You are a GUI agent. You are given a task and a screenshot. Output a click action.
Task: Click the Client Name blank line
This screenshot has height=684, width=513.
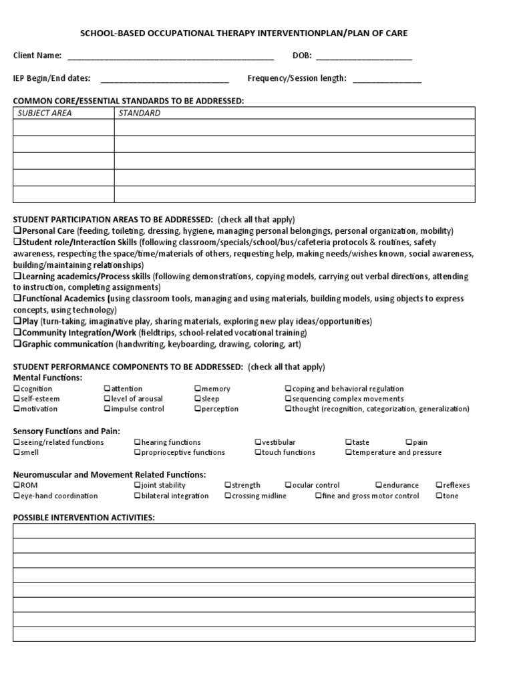tap(170, 56)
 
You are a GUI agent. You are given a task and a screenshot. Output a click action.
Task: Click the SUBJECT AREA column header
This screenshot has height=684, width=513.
tap(45, 113)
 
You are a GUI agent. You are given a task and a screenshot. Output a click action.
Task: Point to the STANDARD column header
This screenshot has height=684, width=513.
tap(140, 113)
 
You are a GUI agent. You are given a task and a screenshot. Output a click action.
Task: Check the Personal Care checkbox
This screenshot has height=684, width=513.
tap(17, 230)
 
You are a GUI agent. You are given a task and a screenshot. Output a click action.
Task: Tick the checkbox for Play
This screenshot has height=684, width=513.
tap(17, 321)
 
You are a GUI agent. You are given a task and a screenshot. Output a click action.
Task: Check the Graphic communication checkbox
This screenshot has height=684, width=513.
tap(17, 345)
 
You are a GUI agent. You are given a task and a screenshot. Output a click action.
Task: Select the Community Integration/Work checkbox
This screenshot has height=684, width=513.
tap(17, 333)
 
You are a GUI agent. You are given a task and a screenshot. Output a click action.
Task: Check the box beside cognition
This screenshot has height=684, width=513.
tap(17, 389)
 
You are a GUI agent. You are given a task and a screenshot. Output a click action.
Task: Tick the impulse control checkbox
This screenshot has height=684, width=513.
tap(107, 409)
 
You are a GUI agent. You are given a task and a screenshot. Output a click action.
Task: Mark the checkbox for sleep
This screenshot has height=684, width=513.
tap(198, 399)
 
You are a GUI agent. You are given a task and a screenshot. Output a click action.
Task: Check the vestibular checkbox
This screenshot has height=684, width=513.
tap(258, 442)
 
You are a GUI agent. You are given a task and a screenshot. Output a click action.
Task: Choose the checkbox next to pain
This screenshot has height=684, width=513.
tap(409, 442)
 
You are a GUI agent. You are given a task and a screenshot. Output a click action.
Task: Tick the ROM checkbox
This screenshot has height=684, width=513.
tap(17, 486)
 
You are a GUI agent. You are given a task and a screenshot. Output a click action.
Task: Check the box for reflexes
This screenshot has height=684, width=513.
tap(439, 486)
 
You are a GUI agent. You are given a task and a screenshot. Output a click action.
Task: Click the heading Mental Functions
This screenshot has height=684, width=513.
tap(47, 377)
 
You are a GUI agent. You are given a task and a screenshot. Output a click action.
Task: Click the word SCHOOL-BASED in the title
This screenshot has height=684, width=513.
tap(110, 33)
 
